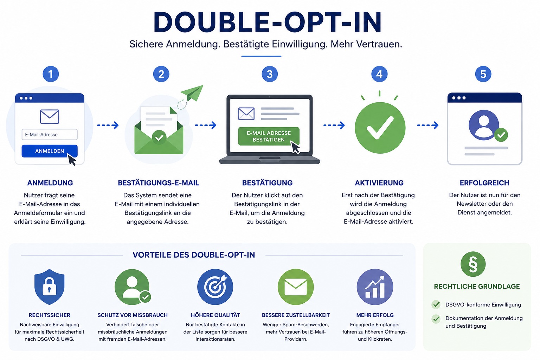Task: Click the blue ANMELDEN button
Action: point(50,151)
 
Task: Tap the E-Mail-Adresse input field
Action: point(50,134)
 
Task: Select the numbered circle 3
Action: point(270,74)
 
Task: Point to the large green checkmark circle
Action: point(380,128)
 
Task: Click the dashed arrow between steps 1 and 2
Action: point(108,125)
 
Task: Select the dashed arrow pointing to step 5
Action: point(427,125)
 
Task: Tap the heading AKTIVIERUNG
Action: point(379,183)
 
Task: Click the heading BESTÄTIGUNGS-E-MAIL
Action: point(159,183)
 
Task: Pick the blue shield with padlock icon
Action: point(50,287)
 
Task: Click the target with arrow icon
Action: point(215,287)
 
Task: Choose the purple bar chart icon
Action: point(375,287)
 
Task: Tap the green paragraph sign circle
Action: point(473,264)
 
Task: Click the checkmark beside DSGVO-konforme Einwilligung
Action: point(436,304)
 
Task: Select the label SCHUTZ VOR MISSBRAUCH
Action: point(132,315)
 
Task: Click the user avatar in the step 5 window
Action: point(484,125)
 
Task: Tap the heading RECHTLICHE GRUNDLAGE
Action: point(477,287)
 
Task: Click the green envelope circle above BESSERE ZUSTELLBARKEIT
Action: point(296,287)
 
